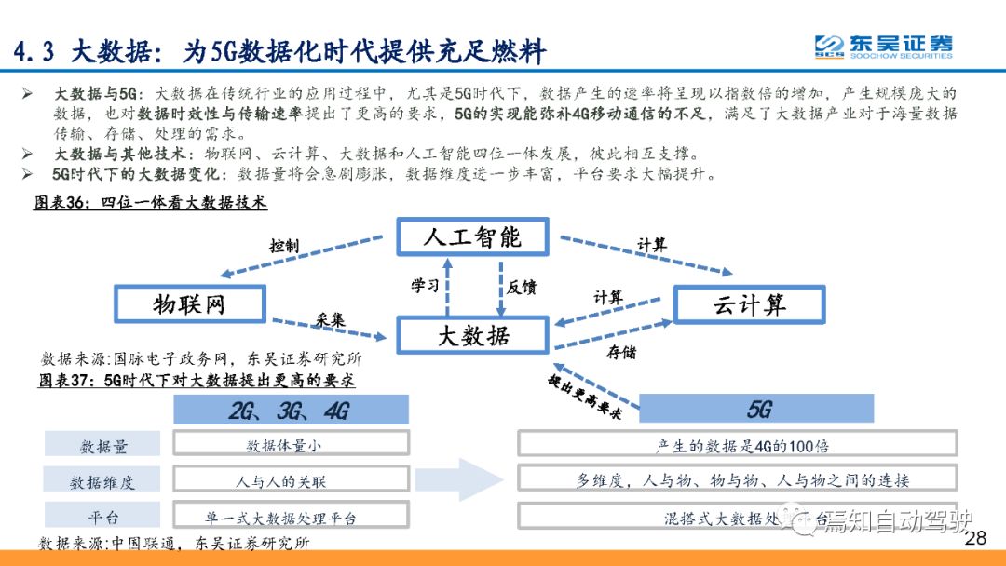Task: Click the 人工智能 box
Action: pos(472,236)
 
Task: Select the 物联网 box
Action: pos(189,303)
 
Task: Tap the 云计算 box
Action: pos(749,304)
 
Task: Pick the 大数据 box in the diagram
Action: pos(472,336)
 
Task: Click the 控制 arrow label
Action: pos(284,246)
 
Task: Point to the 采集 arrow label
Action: pos(330,319)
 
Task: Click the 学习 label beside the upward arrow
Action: pos(425,286)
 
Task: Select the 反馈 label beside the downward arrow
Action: pos(522,286)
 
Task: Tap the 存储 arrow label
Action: pos(622,352)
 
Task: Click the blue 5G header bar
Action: pos(755,410)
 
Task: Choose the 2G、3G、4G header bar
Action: pos(291,410)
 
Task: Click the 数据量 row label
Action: pos(103,446)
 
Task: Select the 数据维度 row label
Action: pos(103,481)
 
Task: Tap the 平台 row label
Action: pos(103,517)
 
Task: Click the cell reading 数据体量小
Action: pos(291,445)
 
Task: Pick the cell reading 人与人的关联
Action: pos(291,481)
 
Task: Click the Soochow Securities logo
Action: pos(883,47)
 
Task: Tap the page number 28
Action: pos(975,539)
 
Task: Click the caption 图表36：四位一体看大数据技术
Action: pos(150,202)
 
